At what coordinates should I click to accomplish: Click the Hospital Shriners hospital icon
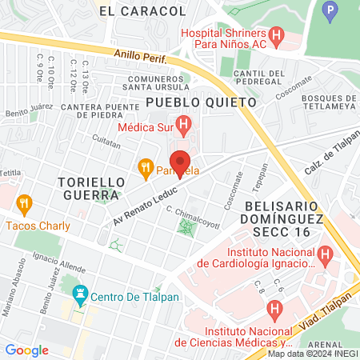click(277, 35)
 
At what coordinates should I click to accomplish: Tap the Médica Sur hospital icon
click(184, 126)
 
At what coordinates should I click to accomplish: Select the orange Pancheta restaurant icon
click(145, 168)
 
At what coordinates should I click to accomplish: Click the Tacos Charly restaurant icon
click(23, 205)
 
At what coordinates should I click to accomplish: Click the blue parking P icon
click(329, 12)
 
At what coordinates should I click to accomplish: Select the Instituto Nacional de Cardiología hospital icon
click(324, 255)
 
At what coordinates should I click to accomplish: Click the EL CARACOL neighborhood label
click(142, 11)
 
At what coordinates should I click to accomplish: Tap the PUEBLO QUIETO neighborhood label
click(200, 102)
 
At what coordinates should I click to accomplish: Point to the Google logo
click(26, 350)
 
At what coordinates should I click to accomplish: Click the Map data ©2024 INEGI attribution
click(311, 354)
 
